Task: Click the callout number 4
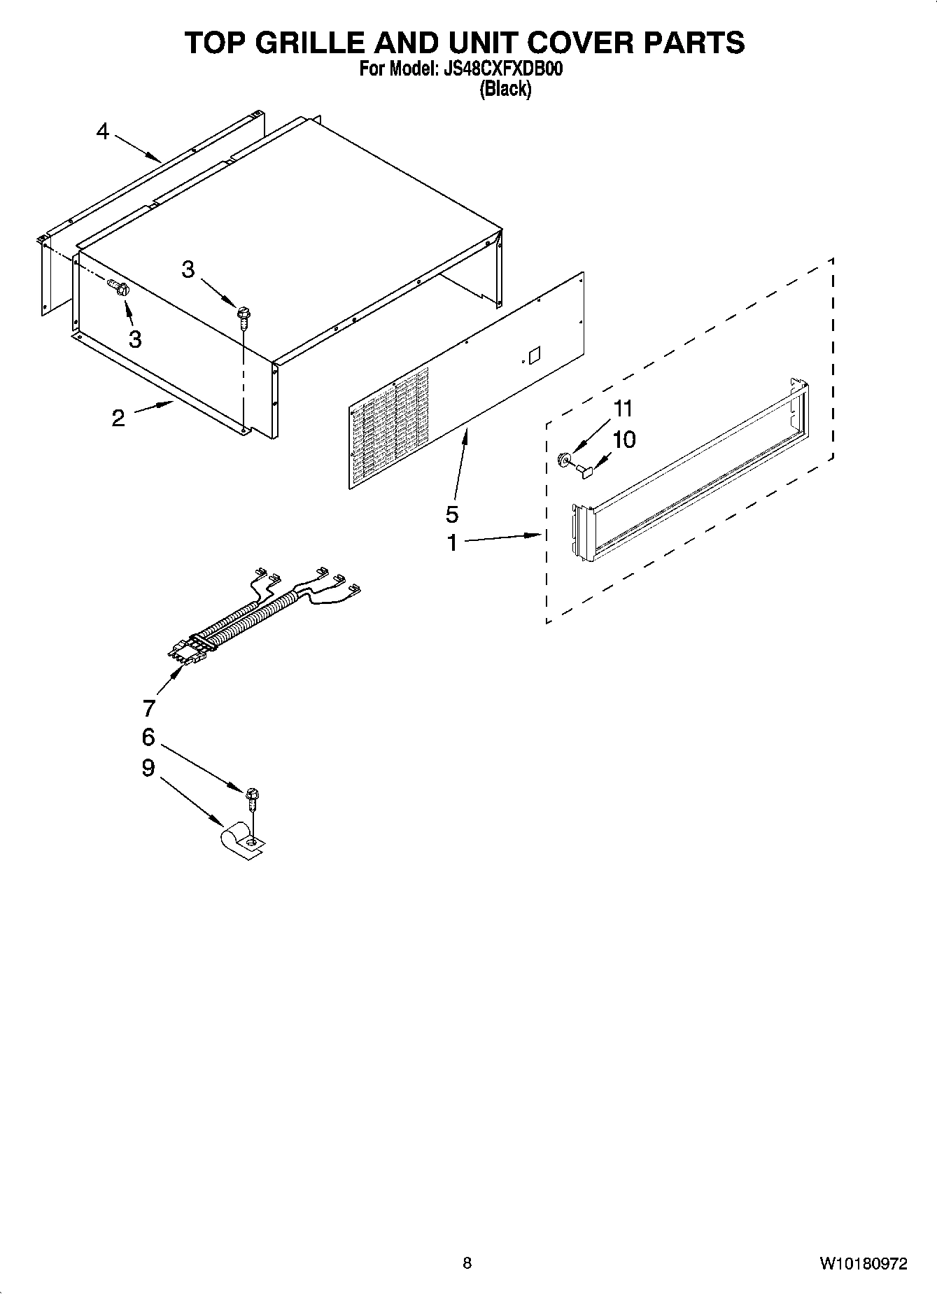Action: pyautogui.click(x=103, y=131)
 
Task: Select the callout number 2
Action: pyautogui.click(x=118, y=419)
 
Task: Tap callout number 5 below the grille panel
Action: pyautogui.click(x=452, y=514)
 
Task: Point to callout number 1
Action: pyautogui.click(x=452, y=542)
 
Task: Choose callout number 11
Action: pyautogui.click(x=623, y=408)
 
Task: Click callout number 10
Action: pyautogui.click(x=624, y=439)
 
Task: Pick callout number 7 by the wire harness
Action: pyautogui.click(x=148, y=708)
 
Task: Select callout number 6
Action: pyautogui.click(x=148, y=737)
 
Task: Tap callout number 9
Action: pyautogui.click(x=148, y=768)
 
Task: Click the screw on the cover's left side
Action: pyautogui.click(x=118, y=287)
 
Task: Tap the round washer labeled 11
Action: pyautogui.click(x=562, y=459)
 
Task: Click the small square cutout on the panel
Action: pyautogui.click(x=535, y=354)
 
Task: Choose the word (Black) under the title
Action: pyautogui.click(x=505, y=90)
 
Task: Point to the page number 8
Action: pyautogui.click(x=467, y=1263)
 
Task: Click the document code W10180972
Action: pyautogui.click(x=864, y=1263)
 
